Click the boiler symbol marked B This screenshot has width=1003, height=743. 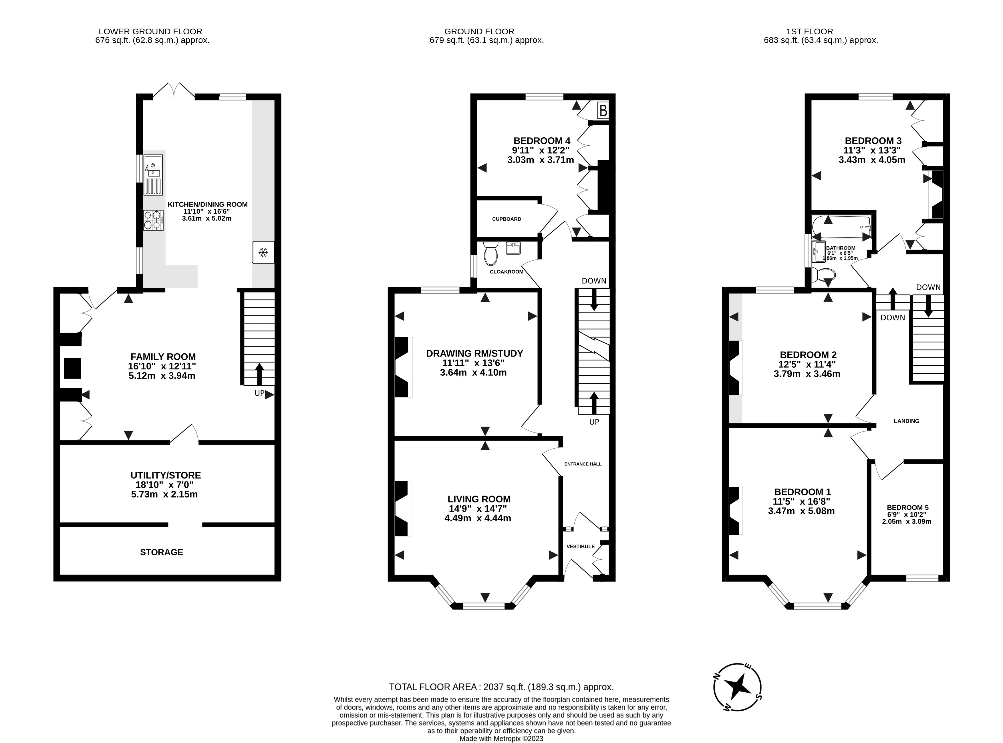click(x=603, y=110)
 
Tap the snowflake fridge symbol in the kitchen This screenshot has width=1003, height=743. click(x=263, y=253)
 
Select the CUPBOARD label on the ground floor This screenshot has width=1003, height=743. click(x=506, y=219)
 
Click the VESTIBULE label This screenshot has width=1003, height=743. click(x=580, y=546)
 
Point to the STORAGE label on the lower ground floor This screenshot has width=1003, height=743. click(x=161, y=552)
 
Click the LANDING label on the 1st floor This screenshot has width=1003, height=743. click(x=906, y=421)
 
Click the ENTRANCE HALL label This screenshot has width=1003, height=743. click(x=583, y=464)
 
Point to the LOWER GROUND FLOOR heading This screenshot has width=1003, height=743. click(x=150, y=31)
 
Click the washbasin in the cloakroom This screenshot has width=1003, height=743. click(x=513, y=248)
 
